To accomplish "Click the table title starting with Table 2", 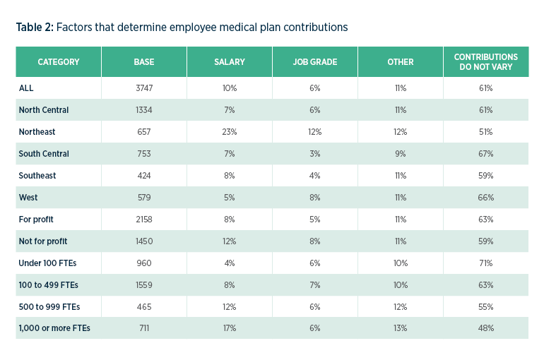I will [182, 28].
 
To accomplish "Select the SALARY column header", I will [229, 62].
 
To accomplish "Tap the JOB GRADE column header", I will [314, 62].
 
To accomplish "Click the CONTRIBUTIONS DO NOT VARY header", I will [485, 62].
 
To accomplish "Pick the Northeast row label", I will [37, 132].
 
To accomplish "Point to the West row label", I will [28, 198].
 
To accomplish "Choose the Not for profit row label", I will [43, 241].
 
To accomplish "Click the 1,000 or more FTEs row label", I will [54, 328].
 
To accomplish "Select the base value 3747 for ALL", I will [143, 88].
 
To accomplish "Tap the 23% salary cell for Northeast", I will [229, 132].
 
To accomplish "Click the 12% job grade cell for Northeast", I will [314, 132].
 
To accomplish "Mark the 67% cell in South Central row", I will [485, 154].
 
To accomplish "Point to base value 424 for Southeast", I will [143, 176].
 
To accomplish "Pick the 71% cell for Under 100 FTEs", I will [485, 263].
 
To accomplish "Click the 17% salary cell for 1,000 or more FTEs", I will [229, 328].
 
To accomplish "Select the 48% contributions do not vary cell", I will [485, 328].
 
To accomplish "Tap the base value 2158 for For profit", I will [143, 220].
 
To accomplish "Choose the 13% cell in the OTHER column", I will [400, 328].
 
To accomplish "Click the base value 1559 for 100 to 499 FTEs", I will [143, 285].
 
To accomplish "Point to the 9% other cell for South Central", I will [400, 154].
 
